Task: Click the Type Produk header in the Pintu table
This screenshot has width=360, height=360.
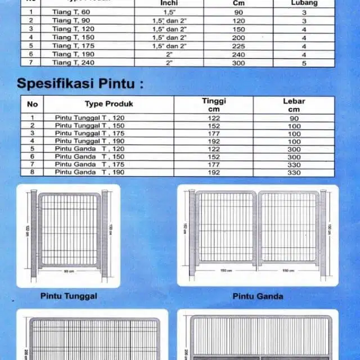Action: tap(109, 104)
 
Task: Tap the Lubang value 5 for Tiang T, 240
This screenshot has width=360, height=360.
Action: tap(303, 64)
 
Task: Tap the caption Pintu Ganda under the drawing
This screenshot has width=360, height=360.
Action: tap(258, 296)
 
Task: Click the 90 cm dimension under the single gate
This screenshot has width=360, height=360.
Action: tap(68, 271)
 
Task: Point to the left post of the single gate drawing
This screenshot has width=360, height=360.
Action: tap(33, 233)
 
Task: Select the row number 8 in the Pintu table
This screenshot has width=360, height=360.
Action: tap(32, 172)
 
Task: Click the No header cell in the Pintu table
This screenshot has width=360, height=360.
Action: tap(32, 104)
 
